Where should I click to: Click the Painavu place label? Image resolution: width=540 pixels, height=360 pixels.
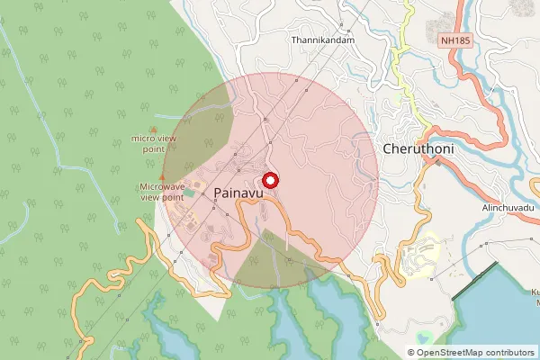(x=238, y=192)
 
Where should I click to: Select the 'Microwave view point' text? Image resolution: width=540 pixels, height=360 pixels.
(x=162, y=191)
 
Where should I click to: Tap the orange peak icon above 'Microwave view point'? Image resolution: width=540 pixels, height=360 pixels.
(x=162, y=176)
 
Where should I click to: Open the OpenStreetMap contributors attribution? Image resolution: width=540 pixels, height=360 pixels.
(x=473, y=353)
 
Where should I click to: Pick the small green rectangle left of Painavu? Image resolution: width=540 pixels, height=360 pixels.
(x=188, y=193)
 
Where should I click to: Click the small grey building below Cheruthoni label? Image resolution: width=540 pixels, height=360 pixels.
(x=438, y=164)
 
